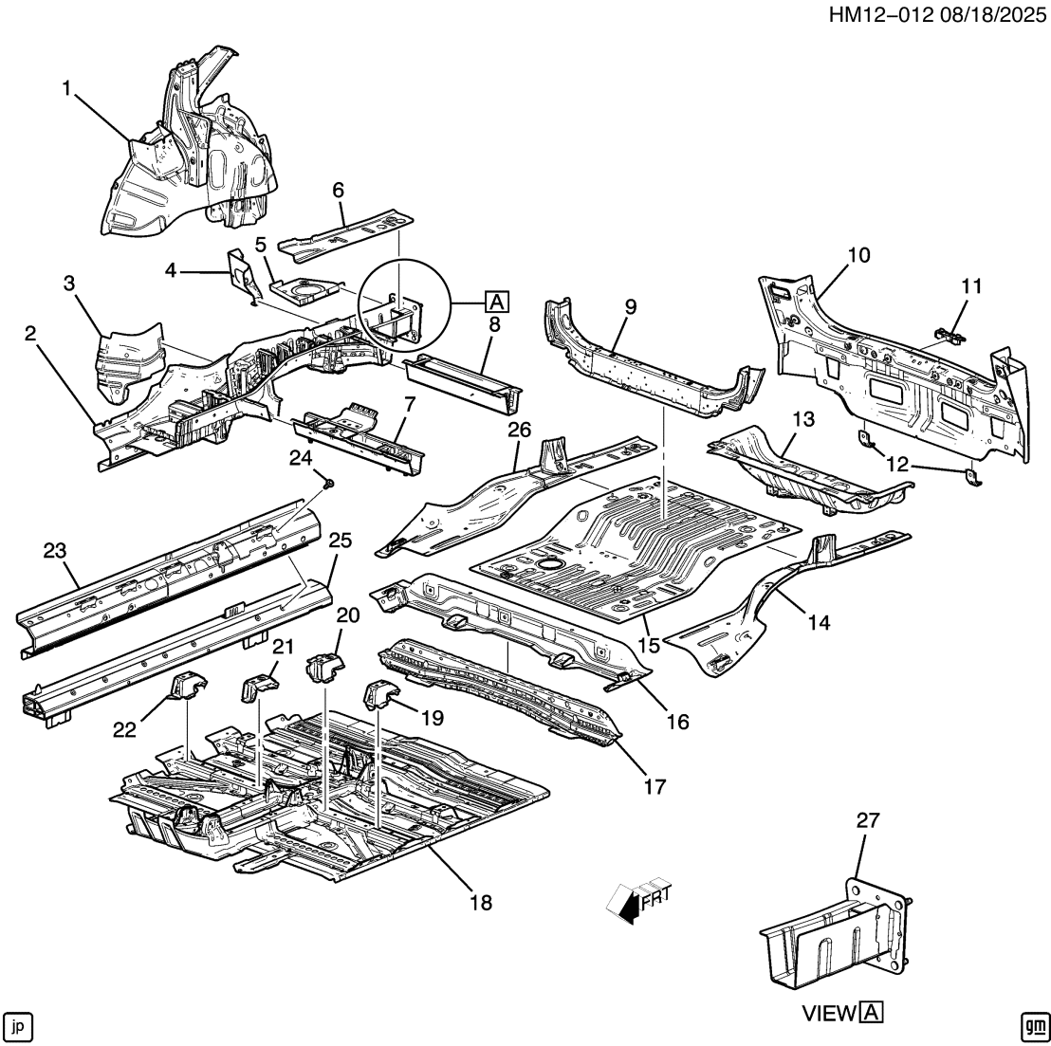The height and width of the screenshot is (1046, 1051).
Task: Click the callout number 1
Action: pos(67,88)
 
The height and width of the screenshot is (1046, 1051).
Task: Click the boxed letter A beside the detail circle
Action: pos(494,303)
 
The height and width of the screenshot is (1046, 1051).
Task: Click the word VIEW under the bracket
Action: pos(829,1013)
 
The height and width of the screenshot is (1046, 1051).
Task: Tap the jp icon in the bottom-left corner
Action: pos(18,1025)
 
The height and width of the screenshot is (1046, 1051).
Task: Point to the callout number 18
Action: pos(481,902)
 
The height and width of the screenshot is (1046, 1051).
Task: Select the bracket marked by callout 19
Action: pos(383,698)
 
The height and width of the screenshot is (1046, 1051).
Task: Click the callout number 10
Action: pos(857,255)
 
